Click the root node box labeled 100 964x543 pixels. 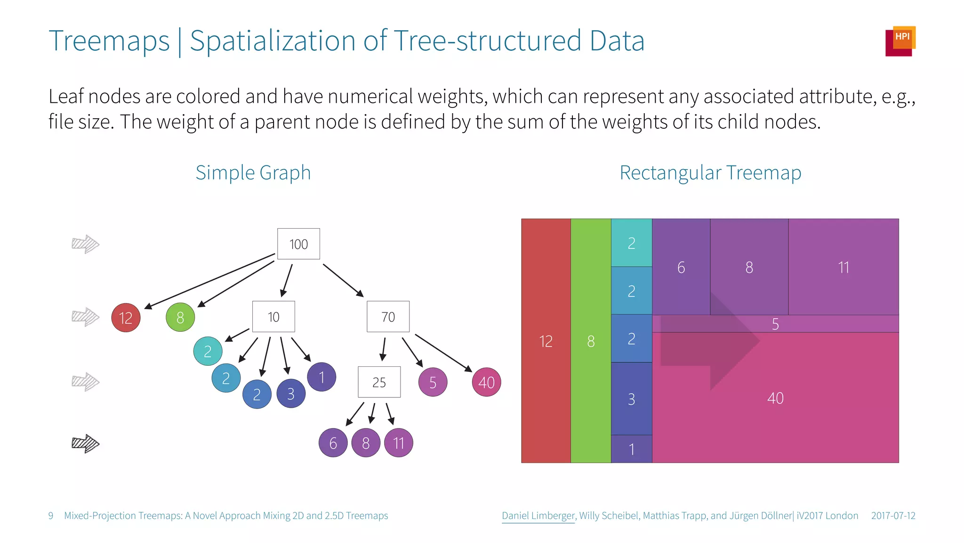pos(298,244)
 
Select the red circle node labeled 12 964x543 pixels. pos(126,318)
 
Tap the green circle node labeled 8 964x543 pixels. pos(180,318)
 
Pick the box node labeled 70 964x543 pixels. pos(388,317)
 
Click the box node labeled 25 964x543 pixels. pos(379,382)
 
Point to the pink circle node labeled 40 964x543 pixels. pos(486,382)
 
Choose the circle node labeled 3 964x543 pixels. pos(291,394)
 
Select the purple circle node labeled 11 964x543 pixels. pos(399,443)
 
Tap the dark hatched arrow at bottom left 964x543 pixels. pos(85,443)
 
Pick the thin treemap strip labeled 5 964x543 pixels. pos(775,324)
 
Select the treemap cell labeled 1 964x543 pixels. pos(631,449)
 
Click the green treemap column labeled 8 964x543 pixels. pos(591,341)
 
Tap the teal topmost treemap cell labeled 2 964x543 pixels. pos(631,243)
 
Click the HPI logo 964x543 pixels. pos(900,41)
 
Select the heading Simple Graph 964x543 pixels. pos(253,173)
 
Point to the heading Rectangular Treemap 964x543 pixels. pos(710,173)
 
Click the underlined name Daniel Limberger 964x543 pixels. pos(538,516)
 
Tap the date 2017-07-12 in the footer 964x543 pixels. pos(893,516)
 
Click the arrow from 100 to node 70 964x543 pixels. pos(343,280)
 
